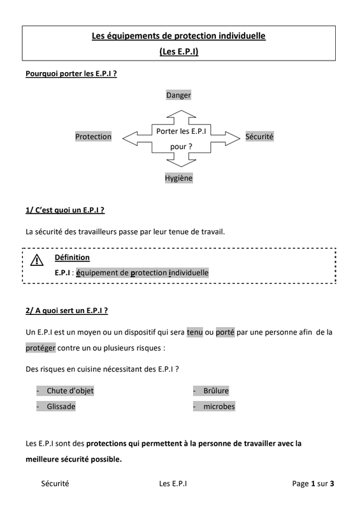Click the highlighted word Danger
coord(178,95)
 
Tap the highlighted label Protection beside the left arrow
coord(93,136)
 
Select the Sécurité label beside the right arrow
coord(259,136)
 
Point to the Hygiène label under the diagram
coord(178,178)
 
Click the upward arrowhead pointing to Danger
coord(181,114)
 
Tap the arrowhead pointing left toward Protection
coord(130,138)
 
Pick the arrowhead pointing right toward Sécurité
coord(233,138)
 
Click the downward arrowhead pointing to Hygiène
coord(181,163)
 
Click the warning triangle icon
coord(37,260)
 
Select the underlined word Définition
coord(72,258)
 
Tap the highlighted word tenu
coord(195,332)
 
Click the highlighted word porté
coord(225,332)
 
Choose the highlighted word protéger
coord(41,347)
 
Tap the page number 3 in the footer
coord(332,484)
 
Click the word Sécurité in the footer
coord(55,484)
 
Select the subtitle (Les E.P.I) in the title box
coord(179,52)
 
